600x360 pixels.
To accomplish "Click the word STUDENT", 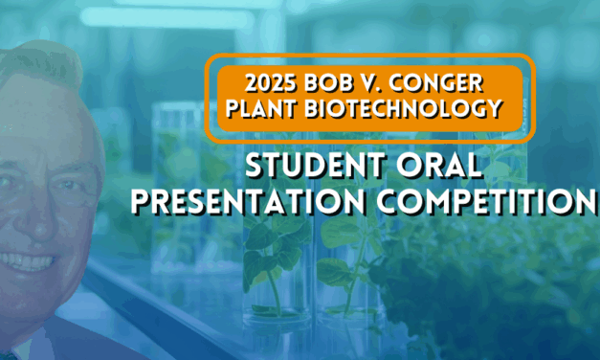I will (311, 169).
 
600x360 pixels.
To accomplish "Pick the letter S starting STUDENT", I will (256, 169).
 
